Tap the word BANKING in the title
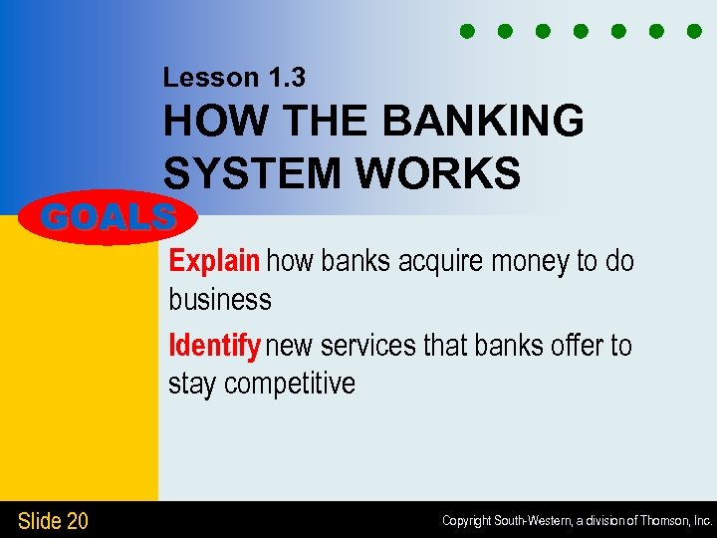click(x=483, y=123)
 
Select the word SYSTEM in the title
click(x=253, y=173)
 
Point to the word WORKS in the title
click(x=438, y=173)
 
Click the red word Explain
click(x=214, y=261)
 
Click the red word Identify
click(x=214, y=346)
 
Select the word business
click(x=220, y=299)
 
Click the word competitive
click(x=290, y=384)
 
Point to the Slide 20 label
click(x=53, y=520)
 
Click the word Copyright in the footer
click(x=467, y=521)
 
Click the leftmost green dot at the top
click(x=466, y=31)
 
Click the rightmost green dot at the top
click(x=694, y=31)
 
